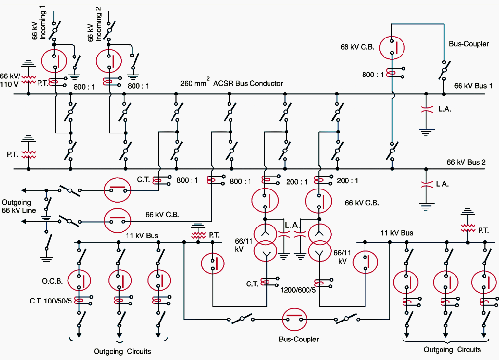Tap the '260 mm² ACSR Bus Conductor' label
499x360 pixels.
231,83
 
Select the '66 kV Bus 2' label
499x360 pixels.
466,162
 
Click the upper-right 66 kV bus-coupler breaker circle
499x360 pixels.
393,48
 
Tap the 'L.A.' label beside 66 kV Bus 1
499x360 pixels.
444,109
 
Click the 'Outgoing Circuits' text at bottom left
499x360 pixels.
122,351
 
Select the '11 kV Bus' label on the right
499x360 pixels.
397,233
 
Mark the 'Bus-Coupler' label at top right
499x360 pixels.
469,44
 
